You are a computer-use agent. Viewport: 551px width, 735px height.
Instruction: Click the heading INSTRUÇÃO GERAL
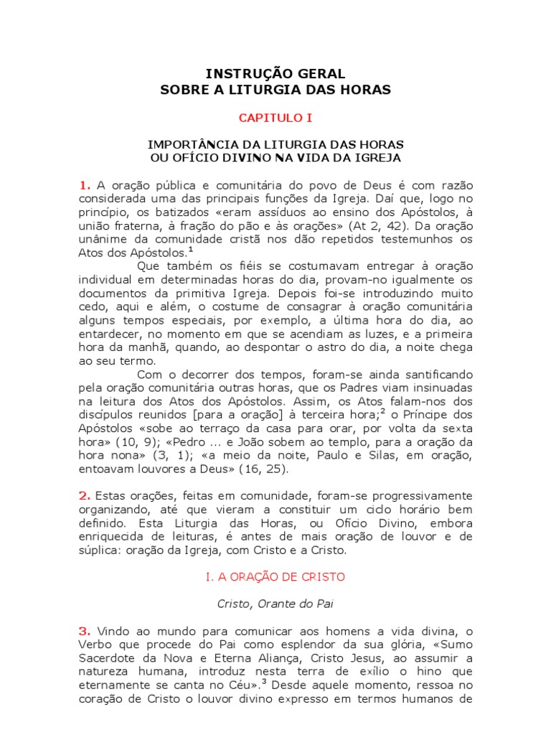pos(275,74)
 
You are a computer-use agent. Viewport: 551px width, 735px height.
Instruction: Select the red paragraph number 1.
pos(85,185)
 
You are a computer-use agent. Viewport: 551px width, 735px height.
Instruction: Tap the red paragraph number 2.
pos(85,495)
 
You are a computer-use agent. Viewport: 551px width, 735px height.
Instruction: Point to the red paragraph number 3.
pos(85,631)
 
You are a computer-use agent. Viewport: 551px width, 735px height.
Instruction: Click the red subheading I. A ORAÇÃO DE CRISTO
pos(275,576)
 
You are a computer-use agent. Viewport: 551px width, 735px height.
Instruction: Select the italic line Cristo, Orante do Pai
pos(275,604)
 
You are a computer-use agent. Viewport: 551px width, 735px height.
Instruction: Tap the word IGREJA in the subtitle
pos(377,156)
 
